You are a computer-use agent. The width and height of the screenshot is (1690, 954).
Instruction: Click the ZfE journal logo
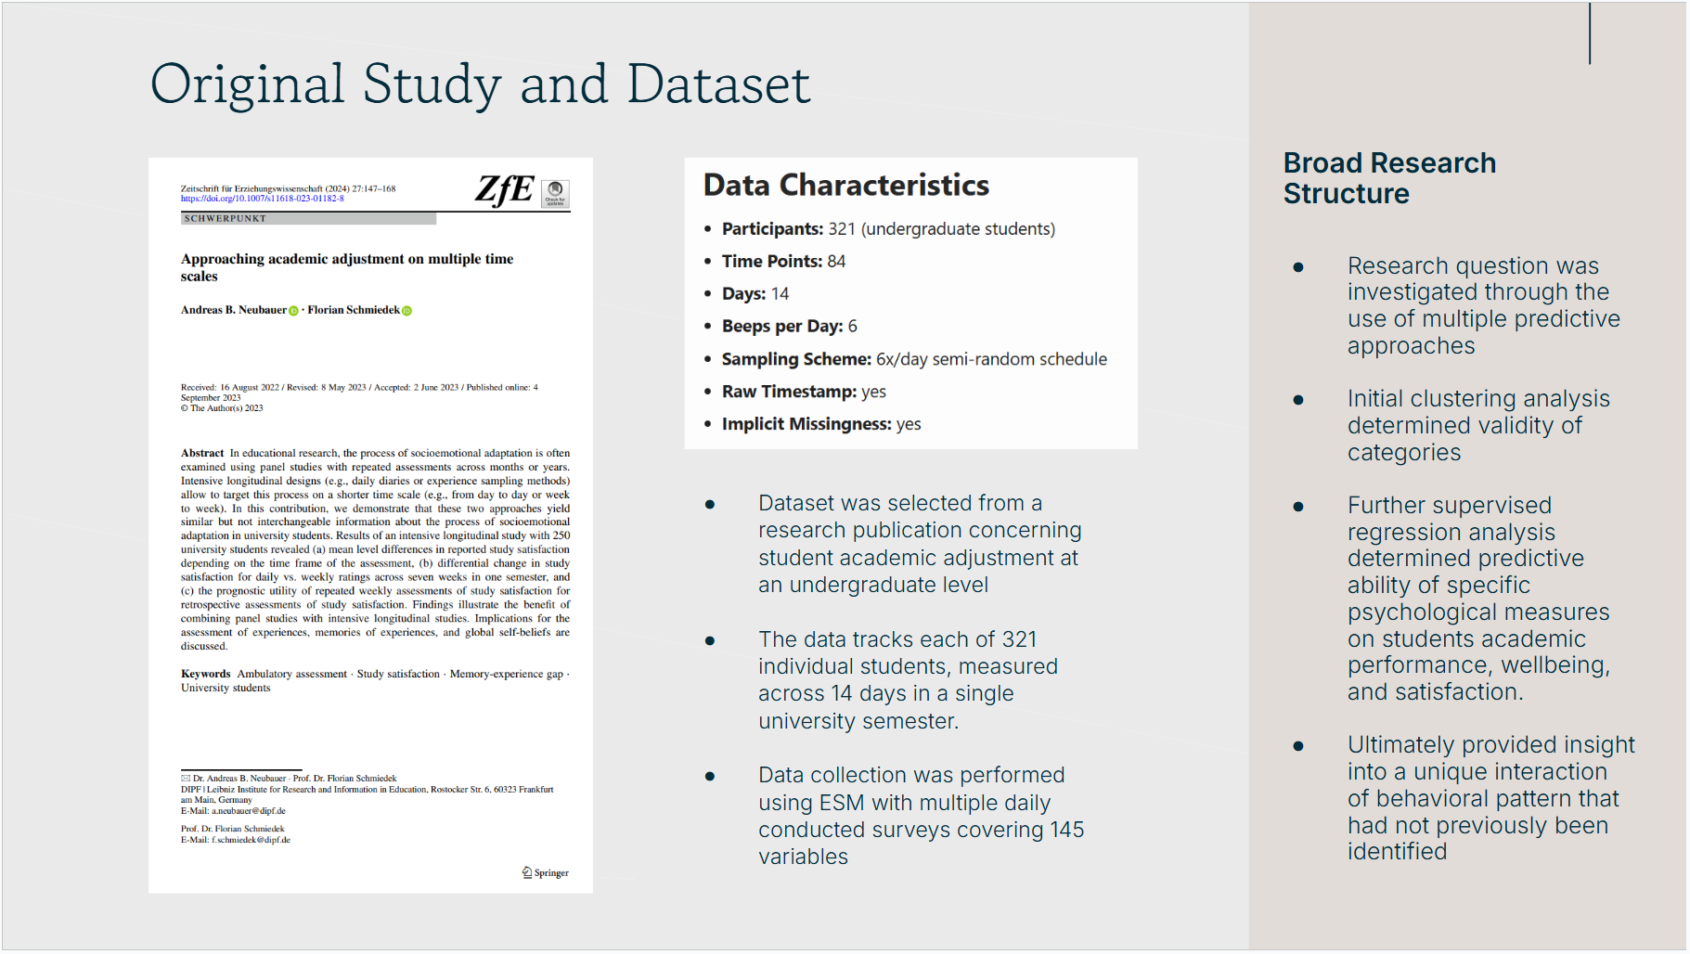point(504,189)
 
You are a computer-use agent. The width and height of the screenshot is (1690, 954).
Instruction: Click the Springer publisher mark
point(546,872)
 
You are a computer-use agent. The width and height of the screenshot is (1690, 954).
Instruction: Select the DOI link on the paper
point(262,199)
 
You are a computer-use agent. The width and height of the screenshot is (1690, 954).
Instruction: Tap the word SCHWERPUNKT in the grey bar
point(226,219)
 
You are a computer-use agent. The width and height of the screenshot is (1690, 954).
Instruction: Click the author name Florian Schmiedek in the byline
point(354,310)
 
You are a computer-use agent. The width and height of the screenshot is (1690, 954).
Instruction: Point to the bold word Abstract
point(202,453)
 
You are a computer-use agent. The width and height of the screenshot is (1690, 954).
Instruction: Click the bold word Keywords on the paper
point(205,674)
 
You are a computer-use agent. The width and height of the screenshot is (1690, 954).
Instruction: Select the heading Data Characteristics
point(845,185)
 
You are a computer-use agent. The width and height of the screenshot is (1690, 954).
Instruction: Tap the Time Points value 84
point(836,262)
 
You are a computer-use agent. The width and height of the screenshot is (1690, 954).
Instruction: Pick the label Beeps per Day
point(781,327)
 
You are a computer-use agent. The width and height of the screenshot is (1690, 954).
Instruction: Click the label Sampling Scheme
point(796,359)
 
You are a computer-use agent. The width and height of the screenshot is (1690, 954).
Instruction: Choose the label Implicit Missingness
point(806,424)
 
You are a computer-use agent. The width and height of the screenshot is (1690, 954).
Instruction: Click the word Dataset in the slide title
point(718,84)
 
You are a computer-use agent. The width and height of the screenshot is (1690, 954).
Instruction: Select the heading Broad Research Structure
point(1388,178)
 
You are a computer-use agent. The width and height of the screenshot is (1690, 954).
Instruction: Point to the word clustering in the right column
point(1463,399)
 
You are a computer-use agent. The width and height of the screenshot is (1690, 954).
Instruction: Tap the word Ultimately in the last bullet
point(1400,745)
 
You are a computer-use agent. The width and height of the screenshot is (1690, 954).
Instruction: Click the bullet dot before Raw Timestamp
point(708,392)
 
